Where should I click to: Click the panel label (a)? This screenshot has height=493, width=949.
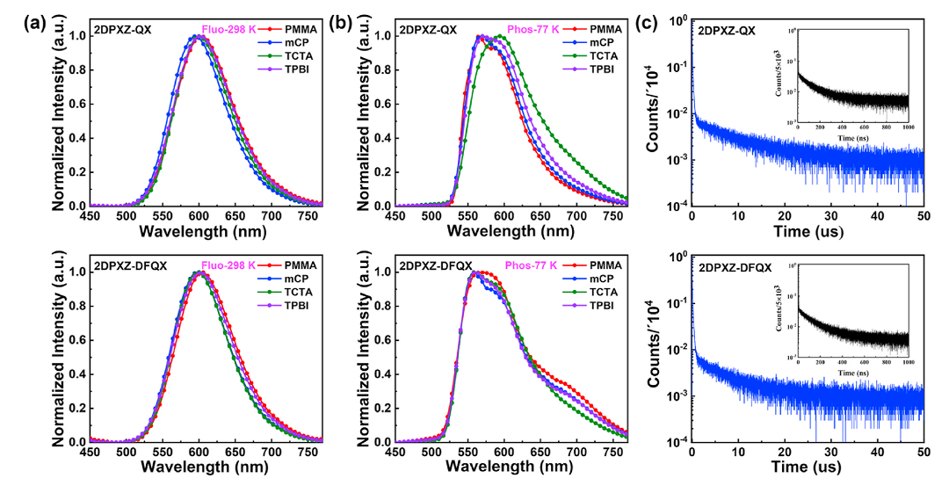pos(36,24)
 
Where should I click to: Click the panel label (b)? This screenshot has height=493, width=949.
pos(343,24)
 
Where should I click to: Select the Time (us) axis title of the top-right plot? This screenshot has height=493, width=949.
pos(808,236)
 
